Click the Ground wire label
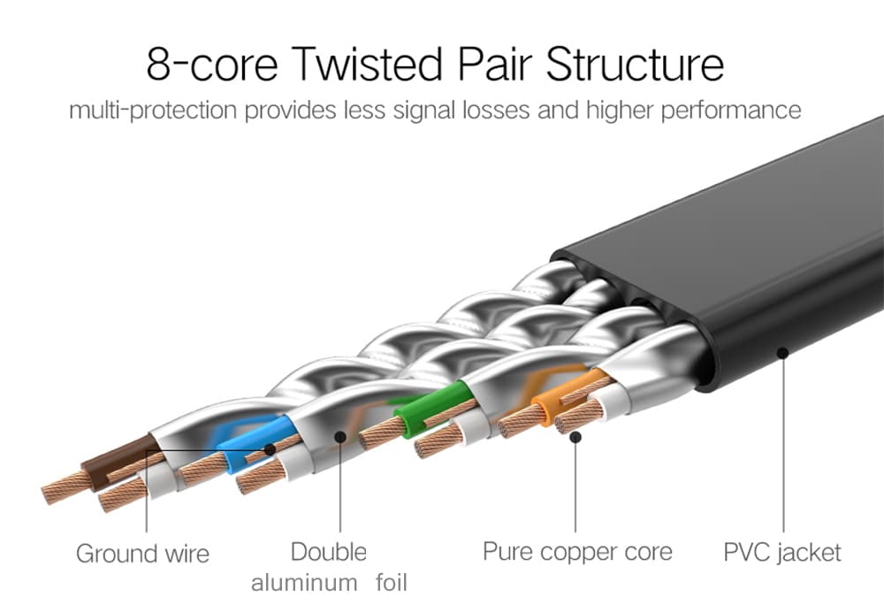(142, 555)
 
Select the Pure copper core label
(576, 552)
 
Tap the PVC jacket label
(782, 554)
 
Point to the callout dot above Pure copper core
(575, 436)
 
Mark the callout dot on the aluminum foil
(340, 436)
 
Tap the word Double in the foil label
(328, 552)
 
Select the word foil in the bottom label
(388, 584)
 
